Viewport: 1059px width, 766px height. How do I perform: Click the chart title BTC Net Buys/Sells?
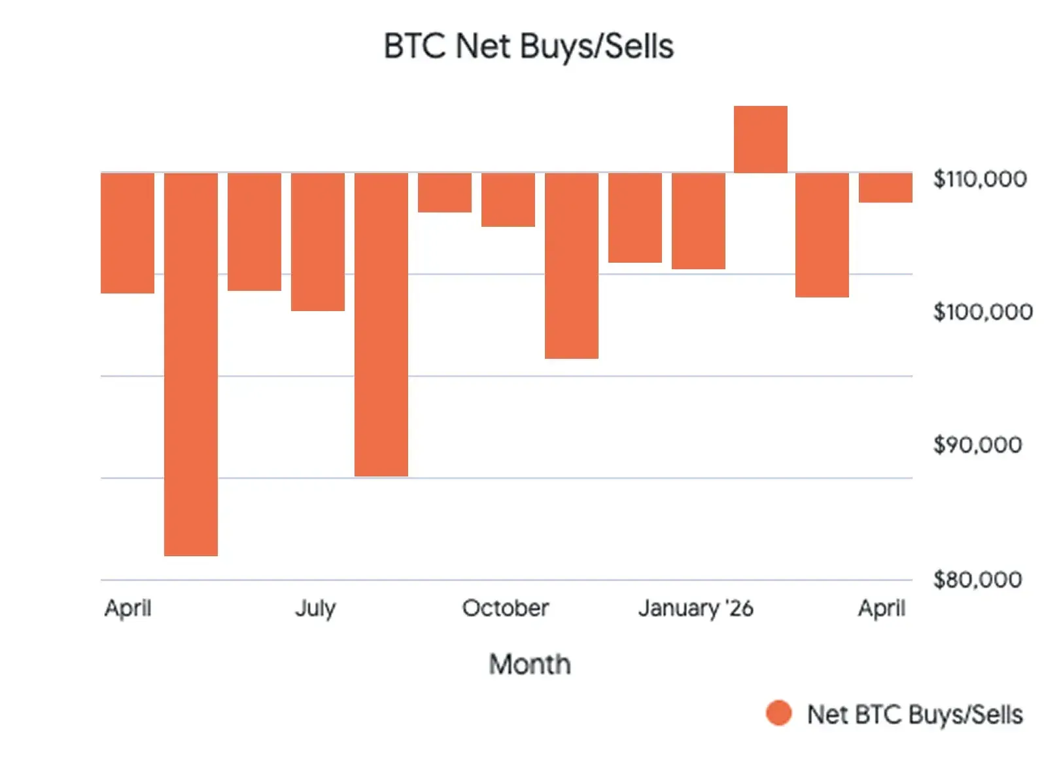pyautogui.click(x=529, y=46)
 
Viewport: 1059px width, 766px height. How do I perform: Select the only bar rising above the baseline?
pyautogui.click(x=760, y=139)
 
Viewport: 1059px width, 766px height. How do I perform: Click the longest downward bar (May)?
pyautogui.click(x=190, y=364)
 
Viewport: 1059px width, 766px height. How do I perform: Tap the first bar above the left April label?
pyautogui.click(x=128, y=233)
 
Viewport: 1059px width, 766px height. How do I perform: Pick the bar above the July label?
pyautogui.click(x=317, y=242)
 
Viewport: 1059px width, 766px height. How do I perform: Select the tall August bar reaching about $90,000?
pyautogui.click(x=381, y=324)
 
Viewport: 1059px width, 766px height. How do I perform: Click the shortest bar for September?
pyautogui.click(x=444, y=193)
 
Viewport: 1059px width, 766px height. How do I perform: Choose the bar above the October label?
pyautogui.click(x=508, y=200)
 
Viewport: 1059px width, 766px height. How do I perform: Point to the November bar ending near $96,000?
pyautogui.click(x=571, y=265)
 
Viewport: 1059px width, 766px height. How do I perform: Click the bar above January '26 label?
pyautogui.click(x=698, y=221)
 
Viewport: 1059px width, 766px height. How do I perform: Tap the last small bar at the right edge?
pyautogui.click(x=885, y=188)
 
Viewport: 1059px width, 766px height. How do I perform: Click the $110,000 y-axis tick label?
pyautogui.click(x=979, y=179)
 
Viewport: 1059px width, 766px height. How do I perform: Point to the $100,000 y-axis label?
pyautogui.click(x=982, y=312)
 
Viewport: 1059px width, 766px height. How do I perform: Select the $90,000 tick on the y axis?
pyautogui.click(x=977, y=445)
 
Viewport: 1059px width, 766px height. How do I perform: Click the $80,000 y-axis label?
pyautogui.click(x=977, y=580)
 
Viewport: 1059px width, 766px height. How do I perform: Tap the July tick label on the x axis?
pyautogui.click(x=315, y=608)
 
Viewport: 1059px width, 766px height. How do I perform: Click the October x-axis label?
pyautogui.click(x=505, y=608)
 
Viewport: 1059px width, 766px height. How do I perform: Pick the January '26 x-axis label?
pyautogui.click(x=695, y=608)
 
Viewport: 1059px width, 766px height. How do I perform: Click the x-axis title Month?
pyautogui.click(x=529, y=664)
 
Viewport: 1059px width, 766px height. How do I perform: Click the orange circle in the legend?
pyautogui.click(x=778, y=713)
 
